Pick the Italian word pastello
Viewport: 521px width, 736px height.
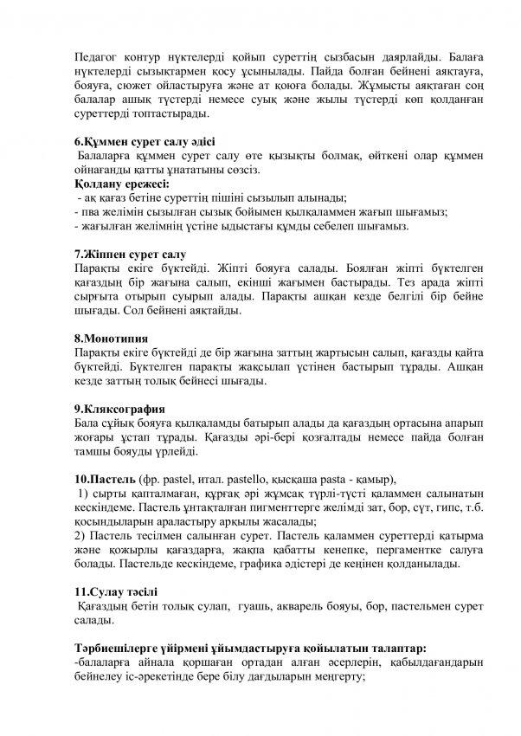[x=264, y=479]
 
